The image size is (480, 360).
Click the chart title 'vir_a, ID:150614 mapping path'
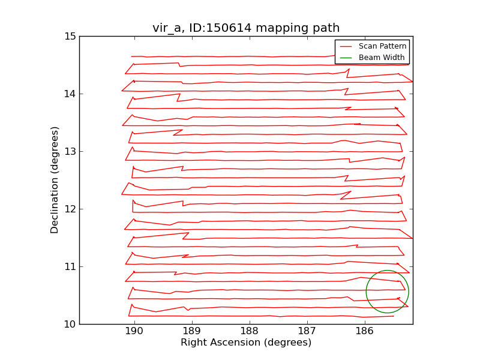tap(246, 28)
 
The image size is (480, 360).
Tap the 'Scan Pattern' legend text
tap(381, 46)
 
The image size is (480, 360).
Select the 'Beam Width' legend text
tap(381, 58)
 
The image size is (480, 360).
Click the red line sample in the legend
tap(346, 46)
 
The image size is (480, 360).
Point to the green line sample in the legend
tap(346, 58)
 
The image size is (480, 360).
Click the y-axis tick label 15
tap(70, 36)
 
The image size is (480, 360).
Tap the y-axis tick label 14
tap(70, 94)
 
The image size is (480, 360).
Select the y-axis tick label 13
tap(70, 151)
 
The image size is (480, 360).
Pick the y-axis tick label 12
tap(70, 209)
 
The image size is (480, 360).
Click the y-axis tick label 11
tap(70, 266)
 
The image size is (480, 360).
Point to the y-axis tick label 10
tap(70, 324)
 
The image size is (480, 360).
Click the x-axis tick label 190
tap(134, 332)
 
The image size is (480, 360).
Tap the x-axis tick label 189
tap(191, 332)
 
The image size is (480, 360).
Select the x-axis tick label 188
tap(249, 332)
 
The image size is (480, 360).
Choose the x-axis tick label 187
tap(307, 332)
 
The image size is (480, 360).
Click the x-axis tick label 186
tap(364, 332)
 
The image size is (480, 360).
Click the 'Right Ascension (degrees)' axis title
tap(246, 343)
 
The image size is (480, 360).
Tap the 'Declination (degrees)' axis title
tap(55, 180)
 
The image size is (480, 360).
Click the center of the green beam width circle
tap(387, 292)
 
